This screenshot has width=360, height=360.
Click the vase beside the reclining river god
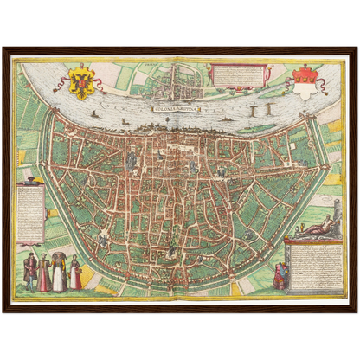(302, 227)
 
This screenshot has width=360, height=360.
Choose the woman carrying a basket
(75, 272)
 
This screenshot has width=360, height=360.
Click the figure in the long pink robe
(44, 274)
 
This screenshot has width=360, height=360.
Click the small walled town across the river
(182, 83)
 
